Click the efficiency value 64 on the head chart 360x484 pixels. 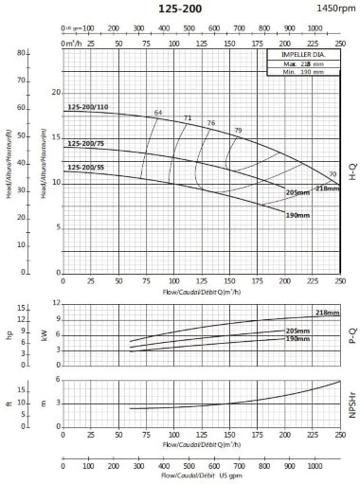[158, 113]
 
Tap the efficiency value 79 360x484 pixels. [238, 130]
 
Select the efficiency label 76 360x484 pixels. [211, 123]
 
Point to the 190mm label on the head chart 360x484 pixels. [297, 216]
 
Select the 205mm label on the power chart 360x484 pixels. [297, 331]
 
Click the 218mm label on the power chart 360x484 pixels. [327, 313]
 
